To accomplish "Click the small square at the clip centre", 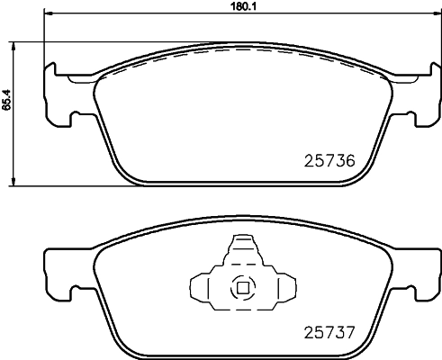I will (241, 289).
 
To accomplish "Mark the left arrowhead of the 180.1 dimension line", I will (48, 16).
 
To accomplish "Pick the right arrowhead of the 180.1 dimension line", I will (426, 16).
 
